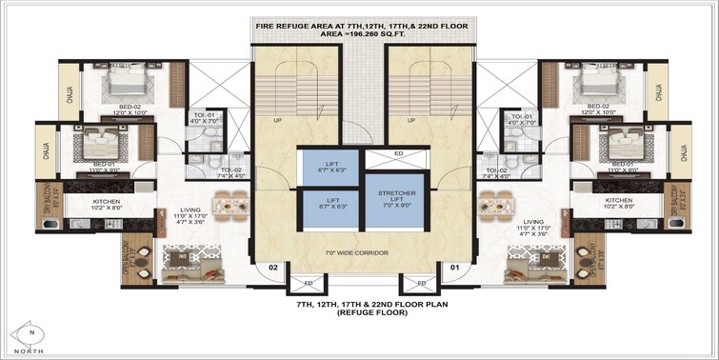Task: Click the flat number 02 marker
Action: point(272,269)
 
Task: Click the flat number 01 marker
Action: point(455,269)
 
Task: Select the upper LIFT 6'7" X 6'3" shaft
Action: point(323,166)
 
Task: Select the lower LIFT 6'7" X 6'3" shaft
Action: point(323,207)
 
